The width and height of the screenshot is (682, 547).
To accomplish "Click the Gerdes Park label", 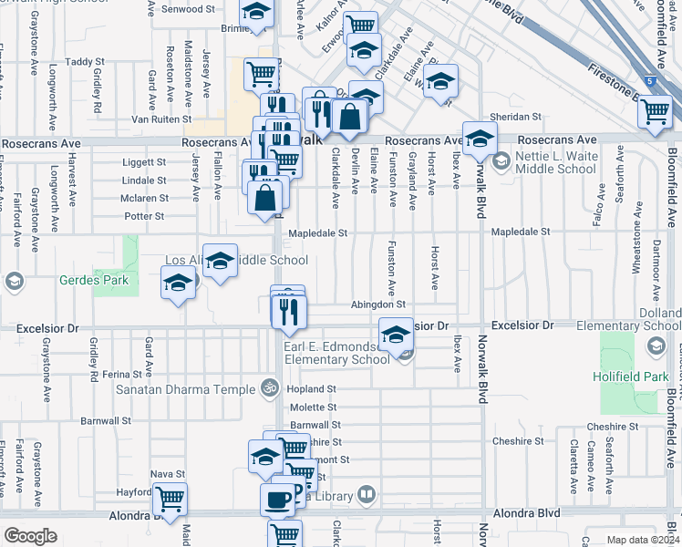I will [89, 281].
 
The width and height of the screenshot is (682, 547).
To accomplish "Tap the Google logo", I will [30, 536].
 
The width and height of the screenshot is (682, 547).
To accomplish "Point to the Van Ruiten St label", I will [161, 119].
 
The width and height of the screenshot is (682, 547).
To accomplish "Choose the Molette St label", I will [314, 408].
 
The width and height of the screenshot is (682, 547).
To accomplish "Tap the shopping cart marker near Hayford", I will [170, 499].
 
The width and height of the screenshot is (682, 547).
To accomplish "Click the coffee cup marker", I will [278, 499].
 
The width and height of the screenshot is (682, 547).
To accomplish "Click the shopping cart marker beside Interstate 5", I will [655, 110].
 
